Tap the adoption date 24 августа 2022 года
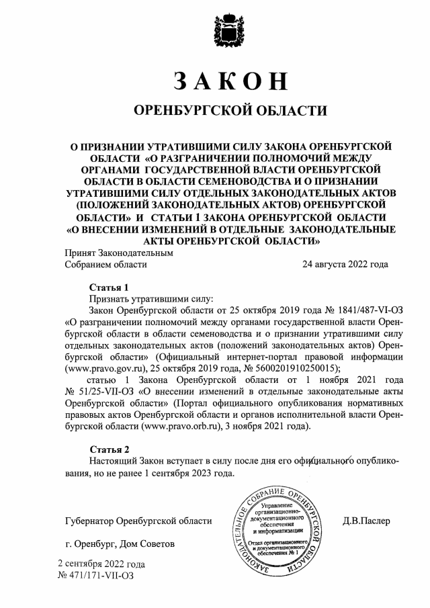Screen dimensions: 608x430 pos(345,265)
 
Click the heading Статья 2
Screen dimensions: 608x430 pos(108,447)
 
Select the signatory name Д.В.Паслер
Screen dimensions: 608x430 pos(365,521)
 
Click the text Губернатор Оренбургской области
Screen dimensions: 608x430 pos(138,521)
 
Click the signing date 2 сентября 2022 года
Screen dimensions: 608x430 pos(101,564)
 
